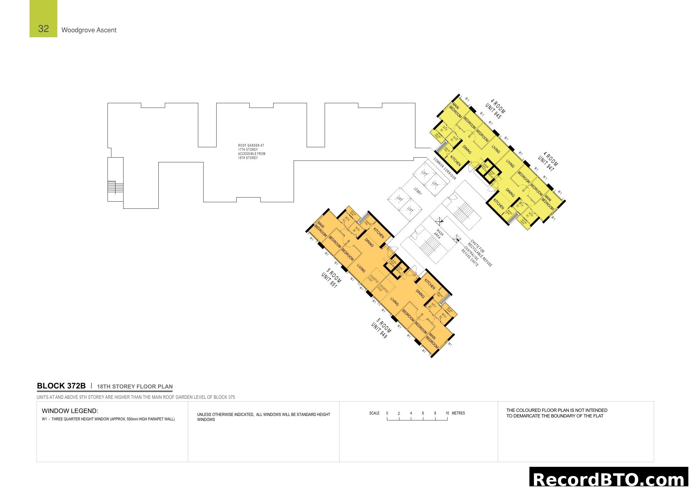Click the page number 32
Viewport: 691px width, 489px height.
point(43,29)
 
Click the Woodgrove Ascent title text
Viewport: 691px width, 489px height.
point(89,30)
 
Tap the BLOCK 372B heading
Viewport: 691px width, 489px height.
point(61,386)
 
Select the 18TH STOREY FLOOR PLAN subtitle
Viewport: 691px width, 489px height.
point(134,387)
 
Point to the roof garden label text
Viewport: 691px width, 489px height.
point(251,151)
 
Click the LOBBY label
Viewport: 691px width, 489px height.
point(418,191)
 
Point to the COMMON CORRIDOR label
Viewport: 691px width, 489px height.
point(445,169)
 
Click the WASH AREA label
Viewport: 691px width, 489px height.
point(438,234)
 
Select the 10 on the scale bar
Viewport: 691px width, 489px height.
point(447,413)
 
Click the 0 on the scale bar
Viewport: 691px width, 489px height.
point(387,413)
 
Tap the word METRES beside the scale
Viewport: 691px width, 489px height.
point(459,413)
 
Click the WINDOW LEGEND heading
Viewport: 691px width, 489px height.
point(70,411)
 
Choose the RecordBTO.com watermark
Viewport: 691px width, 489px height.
point(610,479)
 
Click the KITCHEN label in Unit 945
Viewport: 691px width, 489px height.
point(455,161)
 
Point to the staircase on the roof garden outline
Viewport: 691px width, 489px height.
point(112,187)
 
